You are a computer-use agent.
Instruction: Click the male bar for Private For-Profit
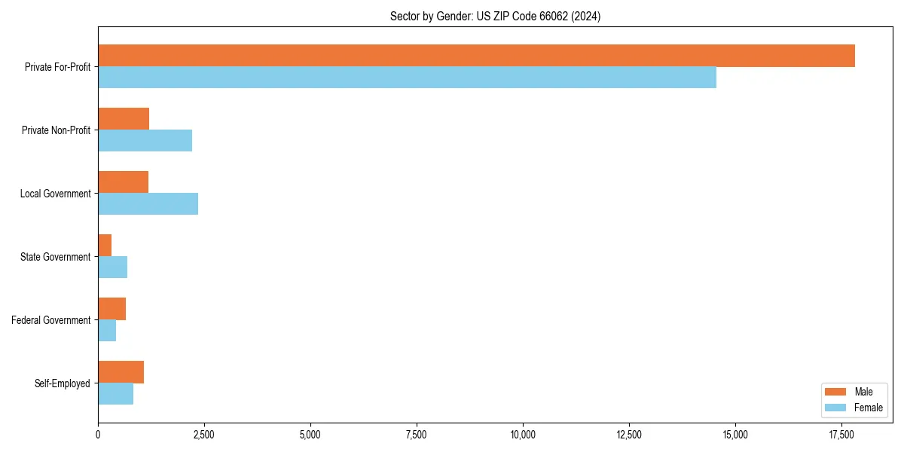pyautogui.click(x=476, y=56)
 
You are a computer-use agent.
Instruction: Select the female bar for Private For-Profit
pyautogui.click(x=407, y=78)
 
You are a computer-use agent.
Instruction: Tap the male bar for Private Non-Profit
pyautogui.click(x=124, y=119)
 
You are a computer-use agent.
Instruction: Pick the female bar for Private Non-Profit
pyautogui.click(x=145, y=141)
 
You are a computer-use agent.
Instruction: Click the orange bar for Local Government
pyautogui.click(x=123, y=182)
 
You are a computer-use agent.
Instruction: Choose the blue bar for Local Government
pyautogui.click(x=148, y=204)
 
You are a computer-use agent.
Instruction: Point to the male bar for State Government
pyautogui.click(x=105, y=246)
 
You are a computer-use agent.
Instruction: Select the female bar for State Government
pyautogui.click(x=112, y=267)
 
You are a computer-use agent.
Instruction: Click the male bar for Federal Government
pyautogui.click(x=111, y=309)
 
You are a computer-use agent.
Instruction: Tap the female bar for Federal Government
pyautogui.click(x=107, y=331)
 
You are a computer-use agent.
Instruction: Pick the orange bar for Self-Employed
pyautogui.click(x=121, y=372)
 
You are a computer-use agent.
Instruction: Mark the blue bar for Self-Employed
pyautogui.click(x=115, y=394)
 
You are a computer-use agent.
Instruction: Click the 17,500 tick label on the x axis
pyautogui.click(x=841, y=435)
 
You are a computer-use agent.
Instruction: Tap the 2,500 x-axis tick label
pyautogui.click(x=204, y=435)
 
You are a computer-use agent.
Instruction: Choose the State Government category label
pyautogui.click(x=56, y=257)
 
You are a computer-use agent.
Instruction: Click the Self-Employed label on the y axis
pyautogui.click(x=63, y=383)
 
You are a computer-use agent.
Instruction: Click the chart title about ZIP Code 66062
pyautogui.click(x=495, y=17)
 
